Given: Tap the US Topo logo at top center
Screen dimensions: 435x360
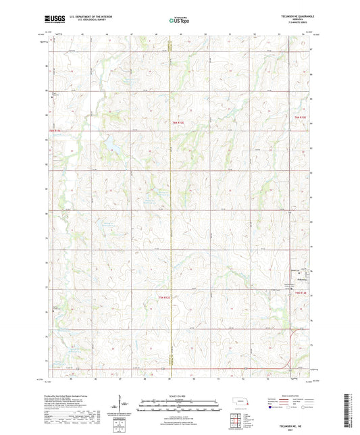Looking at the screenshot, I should click(178, 20).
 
